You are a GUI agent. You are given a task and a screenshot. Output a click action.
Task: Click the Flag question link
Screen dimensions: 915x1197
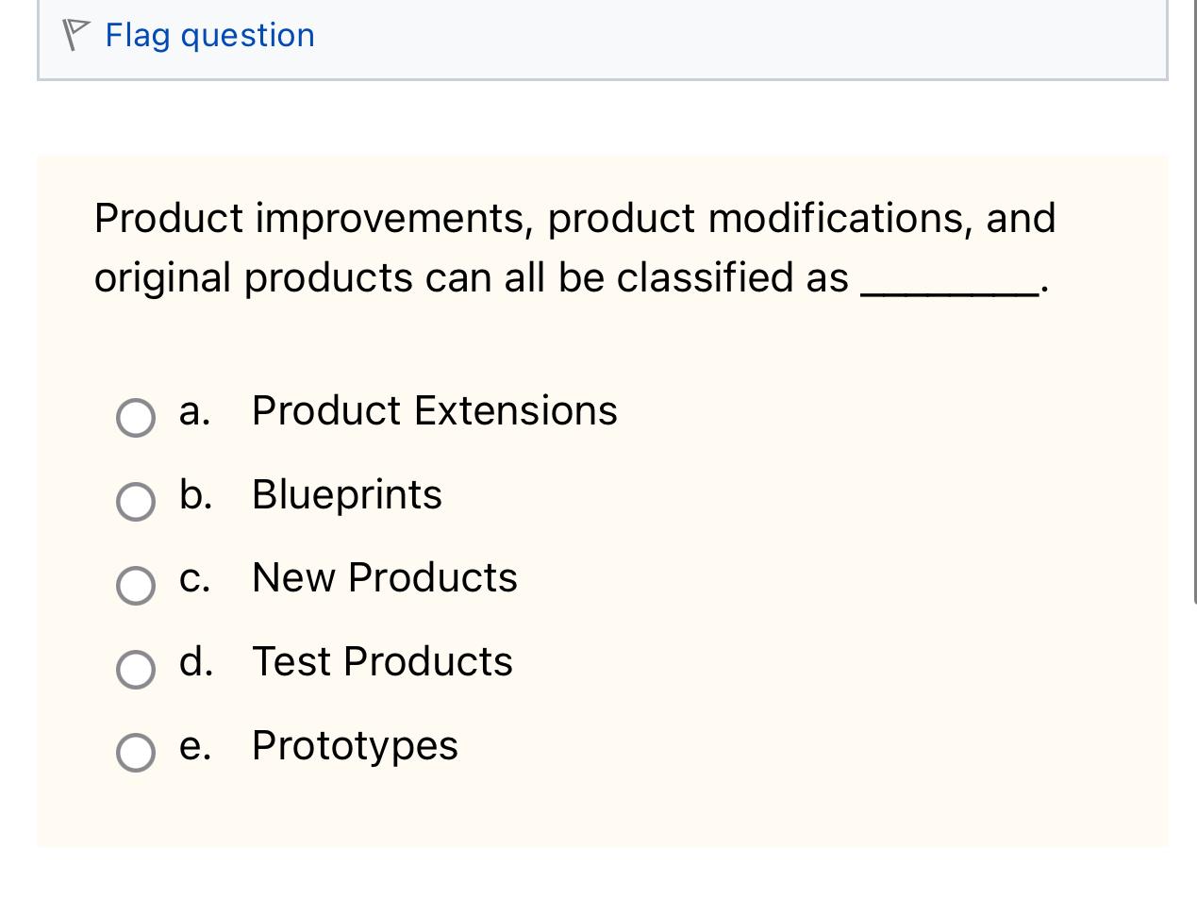coord(209,36)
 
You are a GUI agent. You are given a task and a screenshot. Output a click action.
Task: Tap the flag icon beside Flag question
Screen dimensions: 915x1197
coord(75,35)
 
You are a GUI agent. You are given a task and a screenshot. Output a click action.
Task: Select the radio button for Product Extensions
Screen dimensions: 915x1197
coord(136,417)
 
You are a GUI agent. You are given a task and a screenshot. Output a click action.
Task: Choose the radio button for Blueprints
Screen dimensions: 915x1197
coord(136,501)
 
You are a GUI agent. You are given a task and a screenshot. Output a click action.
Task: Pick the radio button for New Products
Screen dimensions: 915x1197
coord(136,585)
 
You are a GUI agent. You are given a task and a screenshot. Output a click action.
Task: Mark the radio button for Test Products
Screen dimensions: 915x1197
coord(136,669)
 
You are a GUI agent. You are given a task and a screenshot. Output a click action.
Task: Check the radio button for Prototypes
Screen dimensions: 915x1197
coord(136,753)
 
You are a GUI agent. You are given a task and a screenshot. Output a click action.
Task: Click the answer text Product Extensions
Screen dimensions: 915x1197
coord(434,411)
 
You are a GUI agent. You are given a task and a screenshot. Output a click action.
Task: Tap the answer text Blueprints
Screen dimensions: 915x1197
coord(346,495)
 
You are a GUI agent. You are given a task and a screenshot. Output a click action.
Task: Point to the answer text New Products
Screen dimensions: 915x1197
coord(384,578)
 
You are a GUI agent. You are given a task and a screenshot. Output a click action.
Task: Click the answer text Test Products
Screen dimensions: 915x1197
coord(382,662)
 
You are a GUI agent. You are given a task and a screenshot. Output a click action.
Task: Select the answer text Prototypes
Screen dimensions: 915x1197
coord(355,746)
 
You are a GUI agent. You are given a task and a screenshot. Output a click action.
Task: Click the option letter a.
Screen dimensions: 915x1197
coord(193,412)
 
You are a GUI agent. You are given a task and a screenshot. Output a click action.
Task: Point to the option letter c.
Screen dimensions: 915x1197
coord(193,579)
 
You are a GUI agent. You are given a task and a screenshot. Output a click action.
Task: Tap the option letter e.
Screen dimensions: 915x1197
coord(193,747)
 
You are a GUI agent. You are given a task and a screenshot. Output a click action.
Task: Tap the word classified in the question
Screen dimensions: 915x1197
coord(706,278)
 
